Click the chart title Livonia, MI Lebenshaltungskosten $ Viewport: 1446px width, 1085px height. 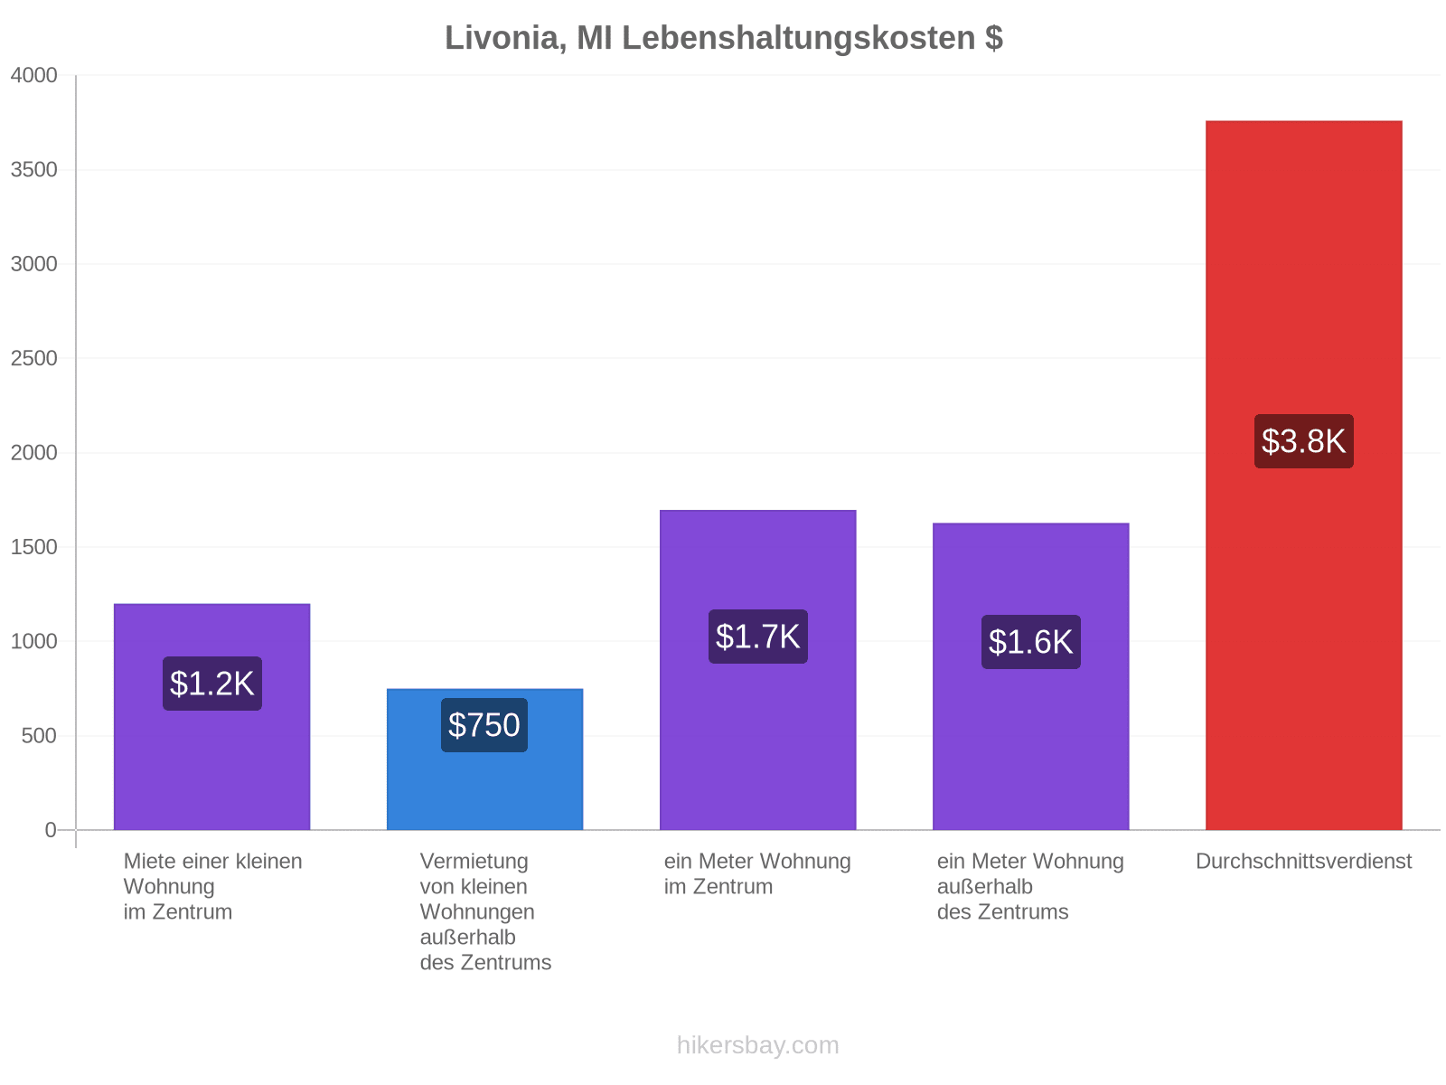point(723,38)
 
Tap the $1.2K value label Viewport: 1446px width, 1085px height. point(211,684)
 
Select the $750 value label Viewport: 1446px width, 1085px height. point(484,724)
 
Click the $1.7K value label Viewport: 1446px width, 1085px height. point(757,637)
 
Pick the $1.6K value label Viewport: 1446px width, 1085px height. point(1030,642)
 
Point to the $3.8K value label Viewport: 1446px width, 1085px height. point(1303,440)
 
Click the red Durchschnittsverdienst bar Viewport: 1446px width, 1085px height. point(1303,475)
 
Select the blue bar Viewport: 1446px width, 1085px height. point(484,759)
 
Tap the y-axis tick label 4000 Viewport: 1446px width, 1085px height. point(33,75)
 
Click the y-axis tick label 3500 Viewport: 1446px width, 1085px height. point(33,169)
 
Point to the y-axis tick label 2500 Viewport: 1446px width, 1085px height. point(33,358)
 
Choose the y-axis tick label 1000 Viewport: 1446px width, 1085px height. point(33,641)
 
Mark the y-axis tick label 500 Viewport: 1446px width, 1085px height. point(39,735)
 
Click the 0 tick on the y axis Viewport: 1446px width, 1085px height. point(51,829)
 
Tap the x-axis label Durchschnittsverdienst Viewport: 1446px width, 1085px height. point(1303,861)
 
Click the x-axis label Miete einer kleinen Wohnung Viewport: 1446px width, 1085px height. point(212,873)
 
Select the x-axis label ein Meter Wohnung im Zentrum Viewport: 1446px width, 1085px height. point(757,873)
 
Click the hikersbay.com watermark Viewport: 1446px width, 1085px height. point(757,1045)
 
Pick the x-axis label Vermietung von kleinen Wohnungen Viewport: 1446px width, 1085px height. point(477,886)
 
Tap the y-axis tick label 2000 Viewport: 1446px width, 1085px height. point(33,453)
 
